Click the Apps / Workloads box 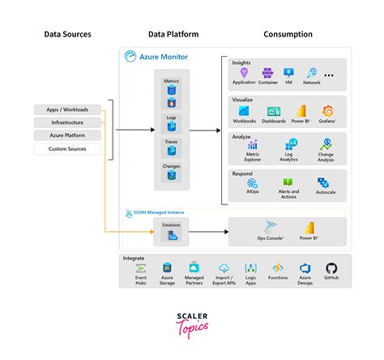click(x=68, y=109)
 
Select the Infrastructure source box click(x=68, y=122)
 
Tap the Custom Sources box click(x=68, y=148)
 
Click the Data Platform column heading click(x=173, y=35)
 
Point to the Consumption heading click(x=288, y=35)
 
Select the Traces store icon click(x=172, y=152)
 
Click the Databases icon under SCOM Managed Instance click(x=172, y=236)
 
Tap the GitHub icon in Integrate click(x=331, y=268)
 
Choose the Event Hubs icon click(x=141, y=268)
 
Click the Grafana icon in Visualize click(x=328, y=111)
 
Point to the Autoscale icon click(x=326, y=183)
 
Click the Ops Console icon click(x=269, y=229)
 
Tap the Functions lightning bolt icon click(x=277, y=268)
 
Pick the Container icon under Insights click(x=268, y=73)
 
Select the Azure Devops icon click(x=305, y=268)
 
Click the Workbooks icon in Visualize click(x=243, y=111)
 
